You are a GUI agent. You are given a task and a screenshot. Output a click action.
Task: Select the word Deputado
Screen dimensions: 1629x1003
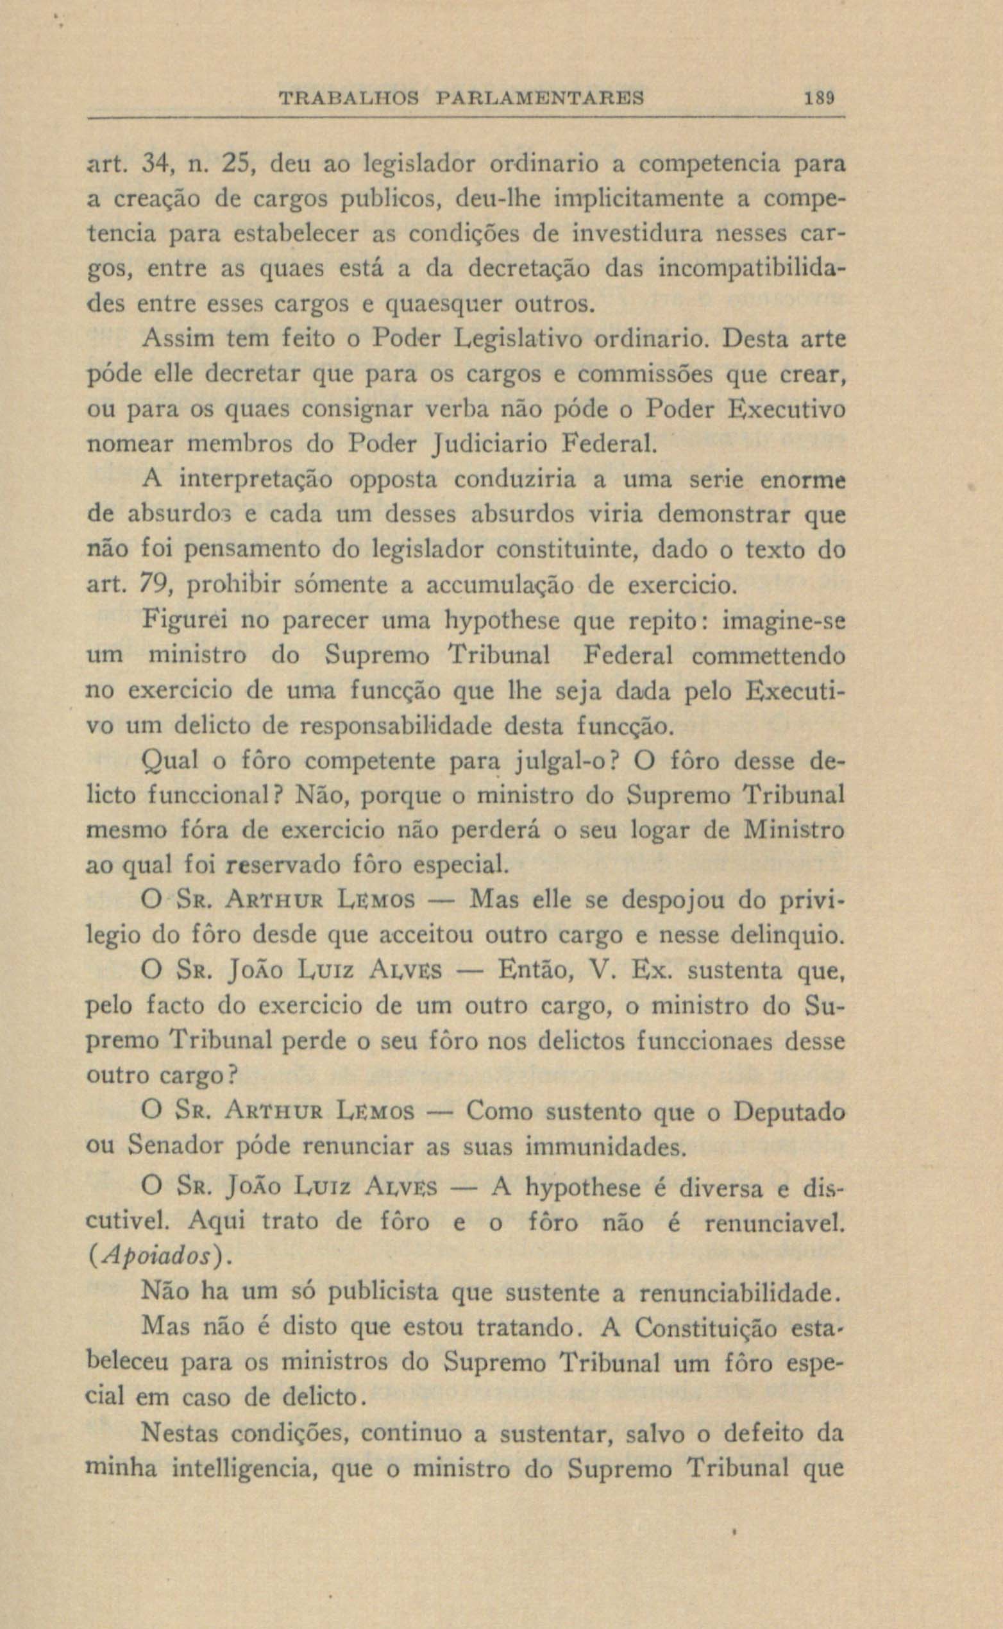click(789, 1113)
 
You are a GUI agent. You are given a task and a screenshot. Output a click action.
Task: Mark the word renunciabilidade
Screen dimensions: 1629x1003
click(738, 1292)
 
